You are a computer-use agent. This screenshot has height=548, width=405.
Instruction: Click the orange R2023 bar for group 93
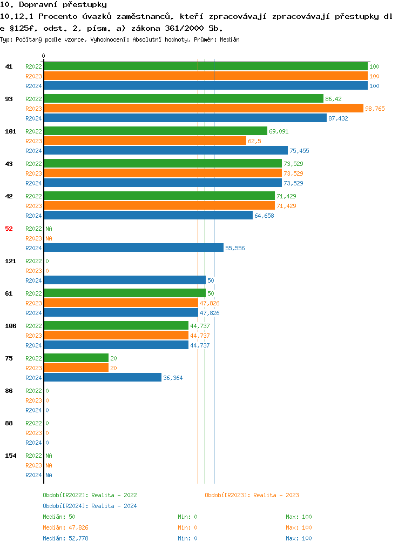pos(204,108)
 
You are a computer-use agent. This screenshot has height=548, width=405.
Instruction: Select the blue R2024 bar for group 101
pos(166,150)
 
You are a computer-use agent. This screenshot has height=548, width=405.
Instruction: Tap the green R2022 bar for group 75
pos(76,358)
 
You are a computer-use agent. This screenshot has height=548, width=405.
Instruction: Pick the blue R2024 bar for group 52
pos(133,248)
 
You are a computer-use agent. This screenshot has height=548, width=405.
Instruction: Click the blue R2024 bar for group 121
pos(125,280)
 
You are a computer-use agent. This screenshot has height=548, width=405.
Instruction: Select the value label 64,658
pos(264,216)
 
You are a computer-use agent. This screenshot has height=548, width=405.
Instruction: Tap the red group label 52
pos(9,229)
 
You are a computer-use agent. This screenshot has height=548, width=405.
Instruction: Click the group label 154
pos(11,456)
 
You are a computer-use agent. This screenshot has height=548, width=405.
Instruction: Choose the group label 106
pos(11,326)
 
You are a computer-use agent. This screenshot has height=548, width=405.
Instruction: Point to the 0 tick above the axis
pos(44,56)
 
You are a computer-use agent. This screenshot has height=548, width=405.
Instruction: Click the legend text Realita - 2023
pos(276,495)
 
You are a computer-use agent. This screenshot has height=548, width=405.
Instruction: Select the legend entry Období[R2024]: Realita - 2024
pos(90,506)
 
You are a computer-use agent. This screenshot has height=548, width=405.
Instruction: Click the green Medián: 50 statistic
pos(59,517)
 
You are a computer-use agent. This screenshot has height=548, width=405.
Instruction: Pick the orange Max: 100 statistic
pos(299,527)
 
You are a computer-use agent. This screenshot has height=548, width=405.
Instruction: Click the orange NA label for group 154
pos(49,465)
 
